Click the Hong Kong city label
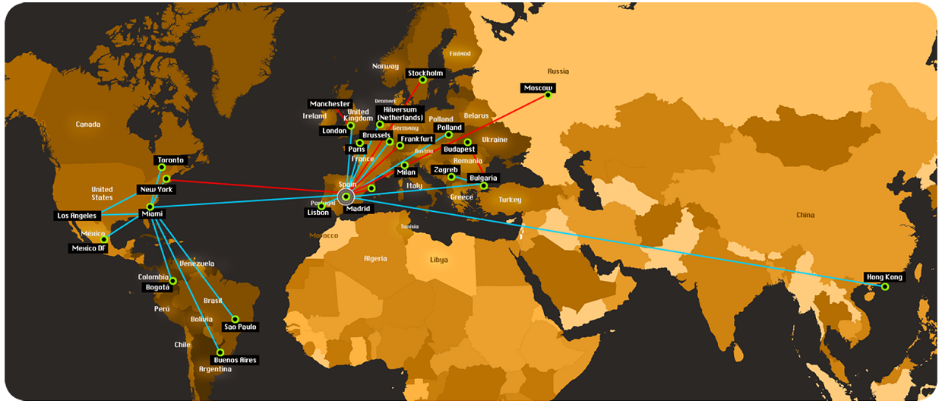884,277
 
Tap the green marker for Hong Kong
885,287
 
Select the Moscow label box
538,88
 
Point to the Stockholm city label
425,74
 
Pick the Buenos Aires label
236,360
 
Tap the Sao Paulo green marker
235,320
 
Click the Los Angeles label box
77,216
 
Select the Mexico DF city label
89,248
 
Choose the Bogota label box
158,288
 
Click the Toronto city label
169,160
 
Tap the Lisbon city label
318,213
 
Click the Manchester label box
330,104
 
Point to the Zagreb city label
445,170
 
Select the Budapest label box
459,150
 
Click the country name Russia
558,71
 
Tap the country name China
805,215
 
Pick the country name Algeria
375,259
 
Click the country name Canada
87,124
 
